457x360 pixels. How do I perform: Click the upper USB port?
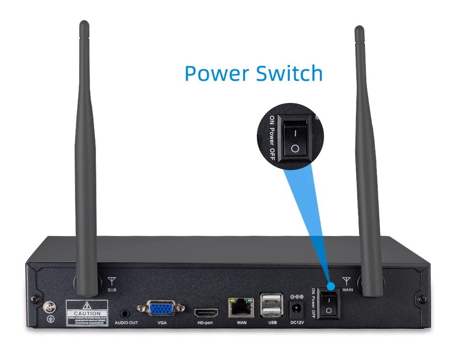[x=269, y=301]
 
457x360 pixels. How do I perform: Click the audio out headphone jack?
[x=125, y=314]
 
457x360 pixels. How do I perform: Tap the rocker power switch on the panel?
[x=329, y=305]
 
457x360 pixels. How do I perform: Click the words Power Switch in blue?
[x=254, y=73]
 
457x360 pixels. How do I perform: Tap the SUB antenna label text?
[x=112, y=290]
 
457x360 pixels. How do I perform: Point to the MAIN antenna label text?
[x=347, y=290]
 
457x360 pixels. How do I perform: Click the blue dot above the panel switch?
[x=331, y=286]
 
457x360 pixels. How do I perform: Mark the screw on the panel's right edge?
[x=420, y=300]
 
